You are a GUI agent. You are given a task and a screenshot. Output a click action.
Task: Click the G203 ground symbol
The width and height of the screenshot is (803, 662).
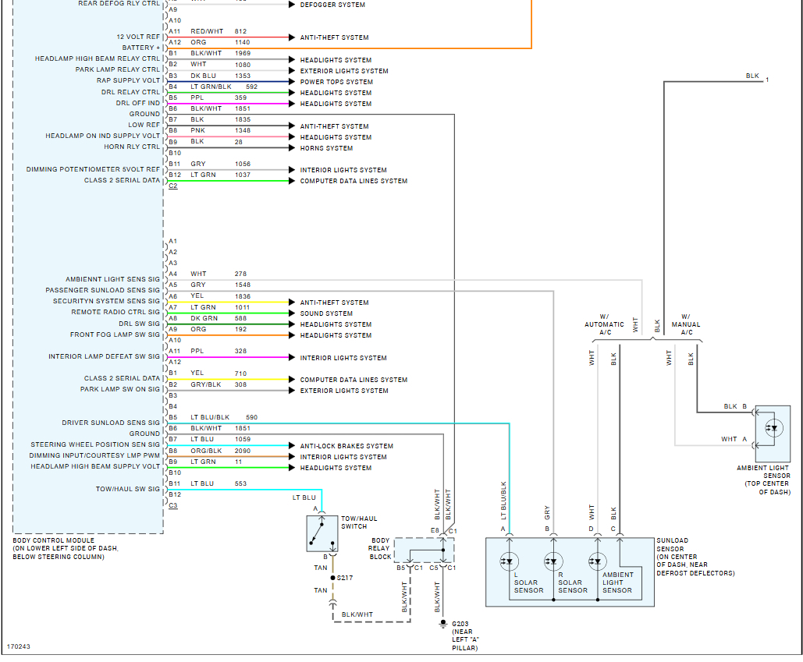pos(443,624)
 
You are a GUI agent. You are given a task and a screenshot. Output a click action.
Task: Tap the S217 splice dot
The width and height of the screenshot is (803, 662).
pos(333,578)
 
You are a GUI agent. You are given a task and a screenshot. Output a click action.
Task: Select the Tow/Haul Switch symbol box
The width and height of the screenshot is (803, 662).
pos(322,533)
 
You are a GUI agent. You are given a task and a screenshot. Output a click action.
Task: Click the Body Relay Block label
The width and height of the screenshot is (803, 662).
pos(380,548)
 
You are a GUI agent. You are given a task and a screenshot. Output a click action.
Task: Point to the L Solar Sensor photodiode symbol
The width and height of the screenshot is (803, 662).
pos(509,561)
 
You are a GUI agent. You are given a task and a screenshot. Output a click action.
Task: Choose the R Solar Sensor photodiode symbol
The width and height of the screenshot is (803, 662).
pos(553,561)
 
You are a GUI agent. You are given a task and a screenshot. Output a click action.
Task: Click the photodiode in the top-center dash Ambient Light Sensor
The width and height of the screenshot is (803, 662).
pos(774,428)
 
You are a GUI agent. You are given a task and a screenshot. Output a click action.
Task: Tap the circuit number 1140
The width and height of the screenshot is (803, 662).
pos(242,42)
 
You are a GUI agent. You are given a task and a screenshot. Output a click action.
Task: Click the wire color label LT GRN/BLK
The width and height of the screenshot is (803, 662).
pos(211,87)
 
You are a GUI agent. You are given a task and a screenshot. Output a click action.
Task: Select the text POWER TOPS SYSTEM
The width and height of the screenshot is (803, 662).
pos(336,82)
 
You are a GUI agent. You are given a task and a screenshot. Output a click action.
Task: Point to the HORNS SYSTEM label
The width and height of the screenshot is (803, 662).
pos(326,148)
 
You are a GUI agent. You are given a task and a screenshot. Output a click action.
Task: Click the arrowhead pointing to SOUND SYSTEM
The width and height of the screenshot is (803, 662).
pos(292,313)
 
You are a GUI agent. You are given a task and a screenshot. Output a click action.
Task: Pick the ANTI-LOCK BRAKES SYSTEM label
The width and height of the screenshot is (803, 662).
pos(346,446)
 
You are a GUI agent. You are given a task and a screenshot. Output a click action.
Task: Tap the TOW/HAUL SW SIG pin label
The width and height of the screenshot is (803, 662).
pos(128,489)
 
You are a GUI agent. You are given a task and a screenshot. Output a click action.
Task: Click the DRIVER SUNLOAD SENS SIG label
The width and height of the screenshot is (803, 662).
pos(111,423)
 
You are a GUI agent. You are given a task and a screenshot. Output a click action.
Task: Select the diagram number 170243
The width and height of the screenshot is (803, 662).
pos(19,646)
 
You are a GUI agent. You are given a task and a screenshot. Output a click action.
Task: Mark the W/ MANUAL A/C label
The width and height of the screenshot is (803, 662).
pos(686,324)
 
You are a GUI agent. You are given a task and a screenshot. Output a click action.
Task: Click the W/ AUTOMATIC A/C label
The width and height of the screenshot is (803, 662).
pos(604,324)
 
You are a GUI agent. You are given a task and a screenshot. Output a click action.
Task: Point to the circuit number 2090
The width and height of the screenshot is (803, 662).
pos(243,451)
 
